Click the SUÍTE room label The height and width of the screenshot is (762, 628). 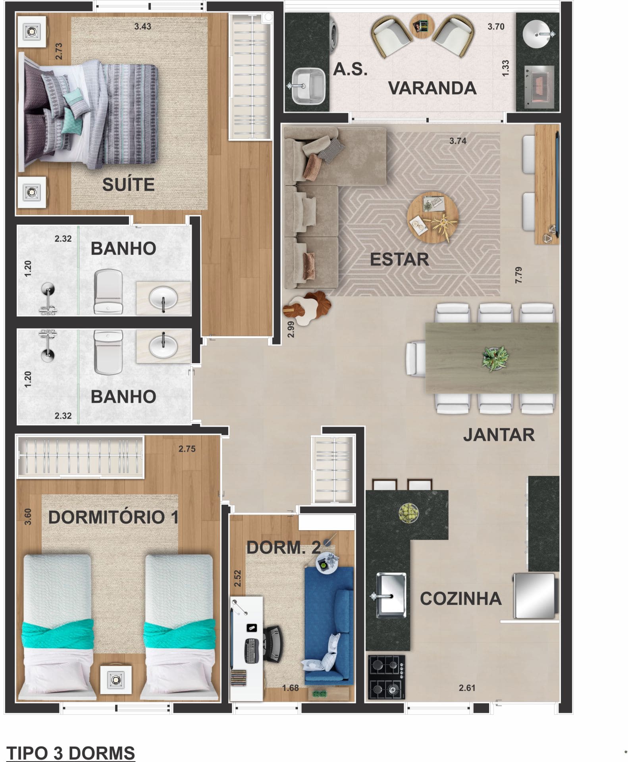click(x=128, y=185)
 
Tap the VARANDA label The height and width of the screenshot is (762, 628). click(x=432, y=88)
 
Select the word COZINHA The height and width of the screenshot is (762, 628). click(x=460, y=599)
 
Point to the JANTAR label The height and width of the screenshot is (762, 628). click(x=499, y=435)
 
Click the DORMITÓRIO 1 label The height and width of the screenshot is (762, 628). click(x=113, y=517)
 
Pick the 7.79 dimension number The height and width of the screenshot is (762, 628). click(x=518, y=275)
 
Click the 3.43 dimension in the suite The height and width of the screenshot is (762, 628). click(x=143, y=27)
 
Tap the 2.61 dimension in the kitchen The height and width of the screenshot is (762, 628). click(x=467, y=688)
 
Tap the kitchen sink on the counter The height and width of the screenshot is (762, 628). click(x=391, y=595)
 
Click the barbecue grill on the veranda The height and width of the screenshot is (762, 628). click(x=539, y=87)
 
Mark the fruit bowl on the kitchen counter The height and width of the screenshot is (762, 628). click(x=408, y=513)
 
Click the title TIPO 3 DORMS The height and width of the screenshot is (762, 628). click(x=71, y=753)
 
